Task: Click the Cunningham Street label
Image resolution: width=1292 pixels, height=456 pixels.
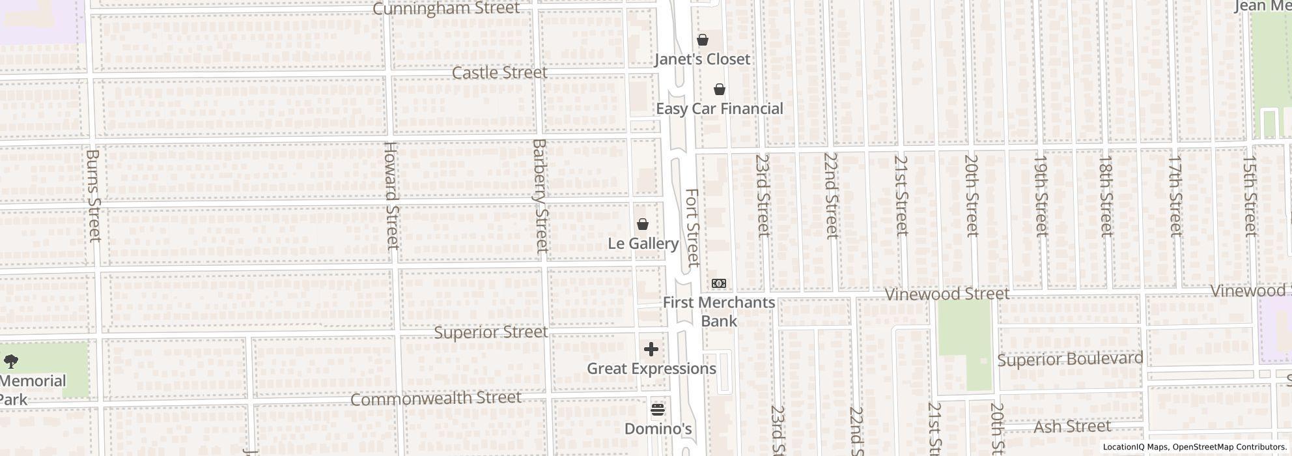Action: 446,8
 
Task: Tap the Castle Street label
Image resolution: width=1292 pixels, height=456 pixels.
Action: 499,73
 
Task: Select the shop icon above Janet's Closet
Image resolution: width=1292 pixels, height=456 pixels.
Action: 703,40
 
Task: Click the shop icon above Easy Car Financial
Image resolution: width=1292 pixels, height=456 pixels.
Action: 720,90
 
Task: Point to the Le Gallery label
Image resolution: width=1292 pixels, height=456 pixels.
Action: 643,244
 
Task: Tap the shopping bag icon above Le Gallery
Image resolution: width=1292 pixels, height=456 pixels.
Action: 643,225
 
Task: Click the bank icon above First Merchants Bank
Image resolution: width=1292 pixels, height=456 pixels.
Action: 719,283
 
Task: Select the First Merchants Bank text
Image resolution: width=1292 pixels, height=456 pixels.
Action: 719,311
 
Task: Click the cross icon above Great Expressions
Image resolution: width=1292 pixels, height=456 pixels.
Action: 651,350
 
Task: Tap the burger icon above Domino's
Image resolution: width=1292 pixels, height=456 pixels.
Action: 658,410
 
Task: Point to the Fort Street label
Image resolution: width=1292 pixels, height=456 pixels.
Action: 692,228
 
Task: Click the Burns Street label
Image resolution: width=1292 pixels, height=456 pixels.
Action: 94,195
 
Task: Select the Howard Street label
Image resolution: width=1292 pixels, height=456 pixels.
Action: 391,195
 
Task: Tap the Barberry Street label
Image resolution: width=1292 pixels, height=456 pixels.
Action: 540,195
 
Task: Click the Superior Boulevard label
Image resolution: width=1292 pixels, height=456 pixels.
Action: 1070,360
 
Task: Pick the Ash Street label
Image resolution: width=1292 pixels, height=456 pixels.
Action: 1072,427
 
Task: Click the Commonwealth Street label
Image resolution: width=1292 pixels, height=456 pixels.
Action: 436,398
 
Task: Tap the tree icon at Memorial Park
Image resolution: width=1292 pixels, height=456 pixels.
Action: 11,361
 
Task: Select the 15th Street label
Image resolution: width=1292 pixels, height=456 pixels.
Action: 1249,195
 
